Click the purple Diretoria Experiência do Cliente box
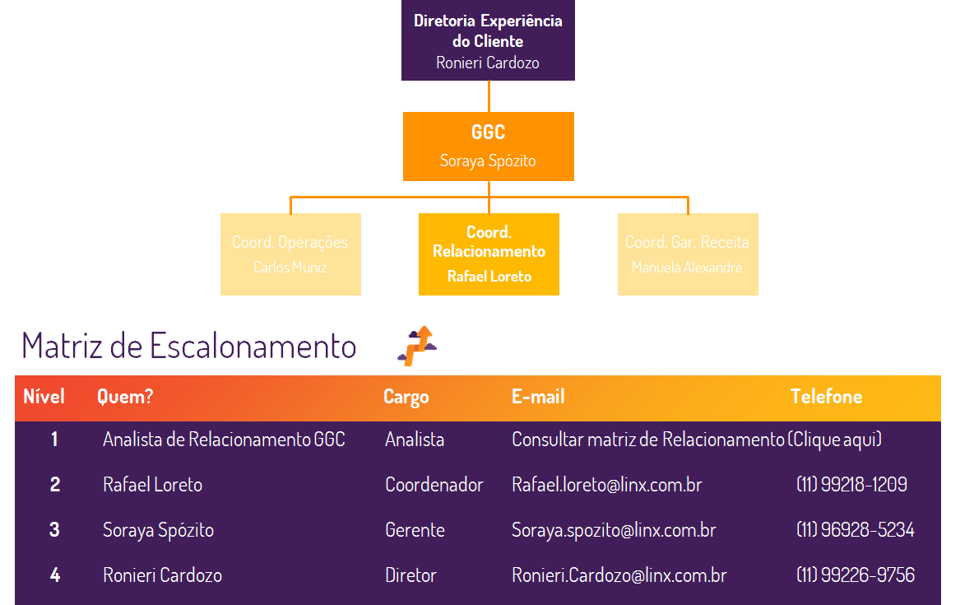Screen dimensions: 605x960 point(488,40)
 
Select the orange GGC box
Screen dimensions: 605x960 point(488,147)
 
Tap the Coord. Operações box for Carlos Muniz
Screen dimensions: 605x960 point(290,254)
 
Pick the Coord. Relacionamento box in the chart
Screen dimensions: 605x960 point(489,254)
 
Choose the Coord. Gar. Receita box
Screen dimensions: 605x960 point(688,254)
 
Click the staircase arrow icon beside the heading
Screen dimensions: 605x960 point(417,346)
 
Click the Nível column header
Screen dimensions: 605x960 point(44,397)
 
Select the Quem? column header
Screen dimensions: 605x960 point(125,397)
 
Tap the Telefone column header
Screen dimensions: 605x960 point(826,397)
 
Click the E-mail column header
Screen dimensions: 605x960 point(538,397)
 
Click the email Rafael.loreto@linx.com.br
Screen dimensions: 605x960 point(606,485)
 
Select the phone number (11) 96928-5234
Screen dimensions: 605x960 point(855,530)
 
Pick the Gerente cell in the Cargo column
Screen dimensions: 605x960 point(415,530)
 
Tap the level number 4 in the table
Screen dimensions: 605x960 point(54,575)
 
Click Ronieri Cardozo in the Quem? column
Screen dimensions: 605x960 point(162,575)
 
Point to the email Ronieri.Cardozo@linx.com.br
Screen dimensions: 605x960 point(619,575)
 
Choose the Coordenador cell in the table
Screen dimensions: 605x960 point(434,485)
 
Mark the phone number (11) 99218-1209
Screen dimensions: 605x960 point(851,485)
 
